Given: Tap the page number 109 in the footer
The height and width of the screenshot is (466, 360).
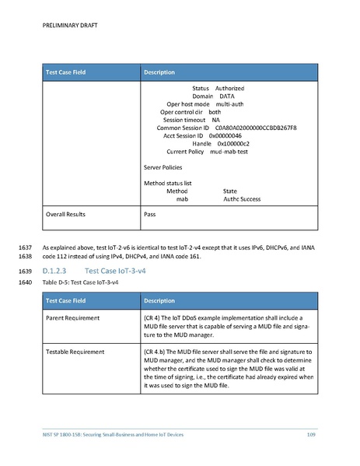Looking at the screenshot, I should [x=310, y=433].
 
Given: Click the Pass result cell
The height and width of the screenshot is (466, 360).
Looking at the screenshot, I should [x=151, y=212].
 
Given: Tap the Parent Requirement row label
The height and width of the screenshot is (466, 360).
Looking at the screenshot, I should [x=72, y=318].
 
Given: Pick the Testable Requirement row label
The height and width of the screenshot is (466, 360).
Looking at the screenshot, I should [x=75, y=352].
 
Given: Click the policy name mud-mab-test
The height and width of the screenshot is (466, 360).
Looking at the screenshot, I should [x=228, y=152].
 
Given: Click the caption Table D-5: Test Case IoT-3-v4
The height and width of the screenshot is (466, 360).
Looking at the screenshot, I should [x=83, y=282].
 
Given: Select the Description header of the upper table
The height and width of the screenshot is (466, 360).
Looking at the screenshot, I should [x=164, y=72].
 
